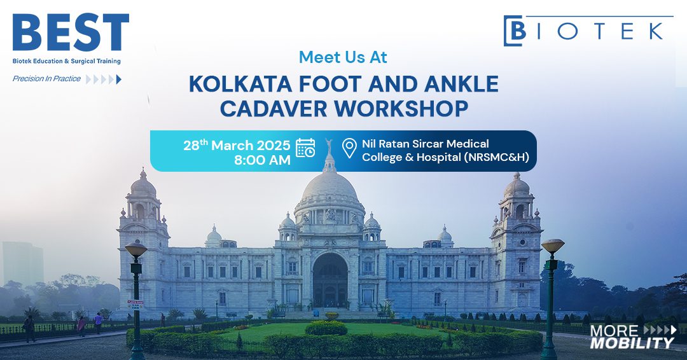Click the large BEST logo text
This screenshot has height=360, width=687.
[x=71, y=33]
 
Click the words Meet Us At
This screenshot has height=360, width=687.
[x=343, y=57]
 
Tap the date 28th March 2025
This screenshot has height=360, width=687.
[x=237, y=145]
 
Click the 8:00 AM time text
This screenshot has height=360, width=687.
[x=262, y=160]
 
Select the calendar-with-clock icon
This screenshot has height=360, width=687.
[x=306, y=148]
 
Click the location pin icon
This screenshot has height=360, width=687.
[x=349, y=148]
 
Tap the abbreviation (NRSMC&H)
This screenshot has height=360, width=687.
[x=488, y=158]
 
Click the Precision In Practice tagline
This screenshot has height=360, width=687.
[x=46, y=79]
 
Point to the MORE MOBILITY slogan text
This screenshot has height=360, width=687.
[x=631, y=337]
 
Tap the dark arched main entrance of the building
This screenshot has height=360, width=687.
[x=330, y=280]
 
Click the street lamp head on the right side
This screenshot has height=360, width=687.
[x=552, y=246]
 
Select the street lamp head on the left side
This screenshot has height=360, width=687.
[x=135, y=249]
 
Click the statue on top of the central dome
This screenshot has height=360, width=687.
[x=329, y=144]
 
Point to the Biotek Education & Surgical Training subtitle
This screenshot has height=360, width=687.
[x=67, y=61]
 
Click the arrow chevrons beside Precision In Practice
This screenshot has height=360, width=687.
[x=103, y=80]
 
